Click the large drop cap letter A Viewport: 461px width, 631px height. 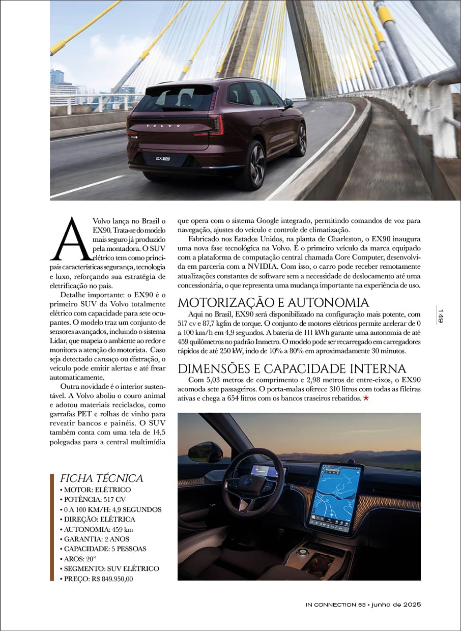(71, 240)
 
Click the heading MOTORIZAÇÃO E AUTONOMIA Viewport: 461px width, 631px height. (273, 302)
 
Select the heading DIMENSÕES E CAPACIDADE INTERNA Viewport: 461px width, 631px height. (292, 368)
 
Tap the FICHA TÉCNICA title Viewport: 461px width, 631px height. (101, 478)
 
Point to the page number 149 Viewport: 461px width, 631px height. (441, 316)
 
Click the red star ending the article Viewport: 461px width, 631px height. (366, 398)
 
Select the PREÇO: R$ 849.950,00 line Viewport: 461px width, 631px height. (99, 579)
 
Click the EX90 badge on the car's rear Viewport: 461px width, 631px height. (163, 158)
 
